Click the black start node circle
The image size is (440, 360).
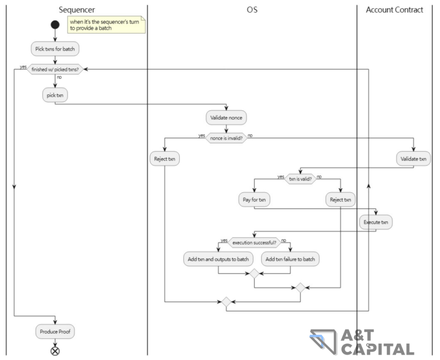click(x=55, y=24)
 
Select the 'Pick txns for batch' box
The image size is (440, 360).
click(x=55, y=48)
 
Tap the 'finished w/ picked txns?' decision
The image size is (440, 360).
click(x=55, y=70)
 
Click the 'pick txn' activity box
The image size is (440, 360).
click(x=55, y=95)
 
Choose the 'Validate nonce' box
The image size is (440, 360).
click(x=226, y=118)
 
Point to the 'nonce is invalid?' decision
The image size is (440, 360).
click(x=226, y=139)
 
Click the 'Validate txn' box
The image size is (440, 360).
click(x=413, y=159)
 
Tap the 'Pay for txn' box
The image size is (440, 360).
click(x=254, y=199)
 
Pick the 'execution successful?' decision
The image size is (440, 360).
click(x=254, y=243)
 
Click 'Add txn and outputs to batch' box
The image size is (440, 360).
click(x=218, y=259)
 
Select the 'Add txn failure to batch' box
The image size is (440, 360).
click(x=290, y=259)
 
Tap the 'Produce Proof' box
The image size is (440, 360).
click(x=55, y=331)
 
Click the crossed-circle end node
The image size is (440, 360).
click(x=55, y=350)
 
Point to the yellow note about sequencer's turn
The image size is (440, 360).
click(x=107, y=24)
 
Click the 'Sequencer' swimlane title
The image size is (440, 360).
click(x=77, y=10)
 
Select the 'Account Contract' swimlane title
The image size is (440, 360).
click(x=394, y=10)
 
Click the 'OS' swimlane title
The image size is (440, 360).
click(x=252, y=10)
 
